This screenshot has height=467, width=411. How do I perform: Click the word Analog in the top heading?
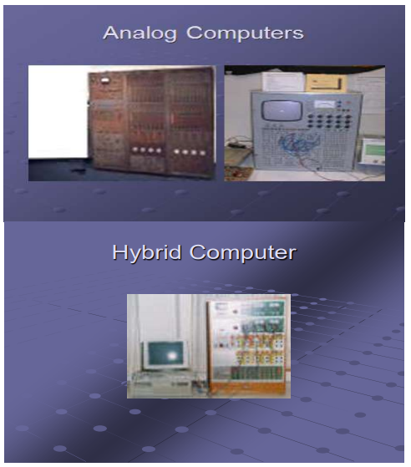tap(140, 33)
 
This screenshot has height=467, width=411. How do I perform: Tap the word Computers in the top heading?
tap(245, 33)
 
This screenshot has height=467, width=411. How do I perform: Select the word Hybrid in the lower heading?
tap(147, 253)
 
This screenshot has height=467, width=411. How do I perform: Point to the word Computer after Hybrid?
tap(243, 253)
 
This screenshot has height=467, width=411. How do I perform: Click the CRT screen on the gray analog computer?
tap(282, 110)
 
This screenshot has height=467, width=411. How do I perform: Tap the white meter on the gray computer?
tap(325, 104)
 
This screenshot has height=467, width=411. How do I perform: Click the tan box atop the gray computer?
tap(326, 83)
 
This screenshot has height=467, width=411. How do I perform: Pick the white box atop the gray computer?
tap(283, 80)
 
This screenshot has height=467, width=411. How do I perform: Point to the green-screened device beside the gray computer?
tap(373, 152)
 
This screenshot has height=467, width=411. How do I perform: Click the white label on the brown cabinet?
tap(104, 80)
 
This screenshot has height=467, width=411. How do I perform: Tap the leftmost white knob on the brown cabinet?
tap(135, 150)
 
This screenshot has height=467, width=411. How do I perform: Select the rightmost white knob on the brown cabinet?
tap(202, 153)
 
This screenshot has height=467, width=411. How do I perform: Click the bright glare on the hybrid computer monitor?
tap(172, 356)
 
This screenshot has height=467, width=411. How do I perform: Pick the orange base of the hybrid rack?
tap(249, 388)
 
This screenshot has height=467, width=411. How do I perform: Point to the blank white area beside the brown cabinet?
tap(58, 112)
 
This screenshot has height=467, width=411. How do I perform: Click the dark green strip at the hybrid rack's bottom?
tap(257, 373)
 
